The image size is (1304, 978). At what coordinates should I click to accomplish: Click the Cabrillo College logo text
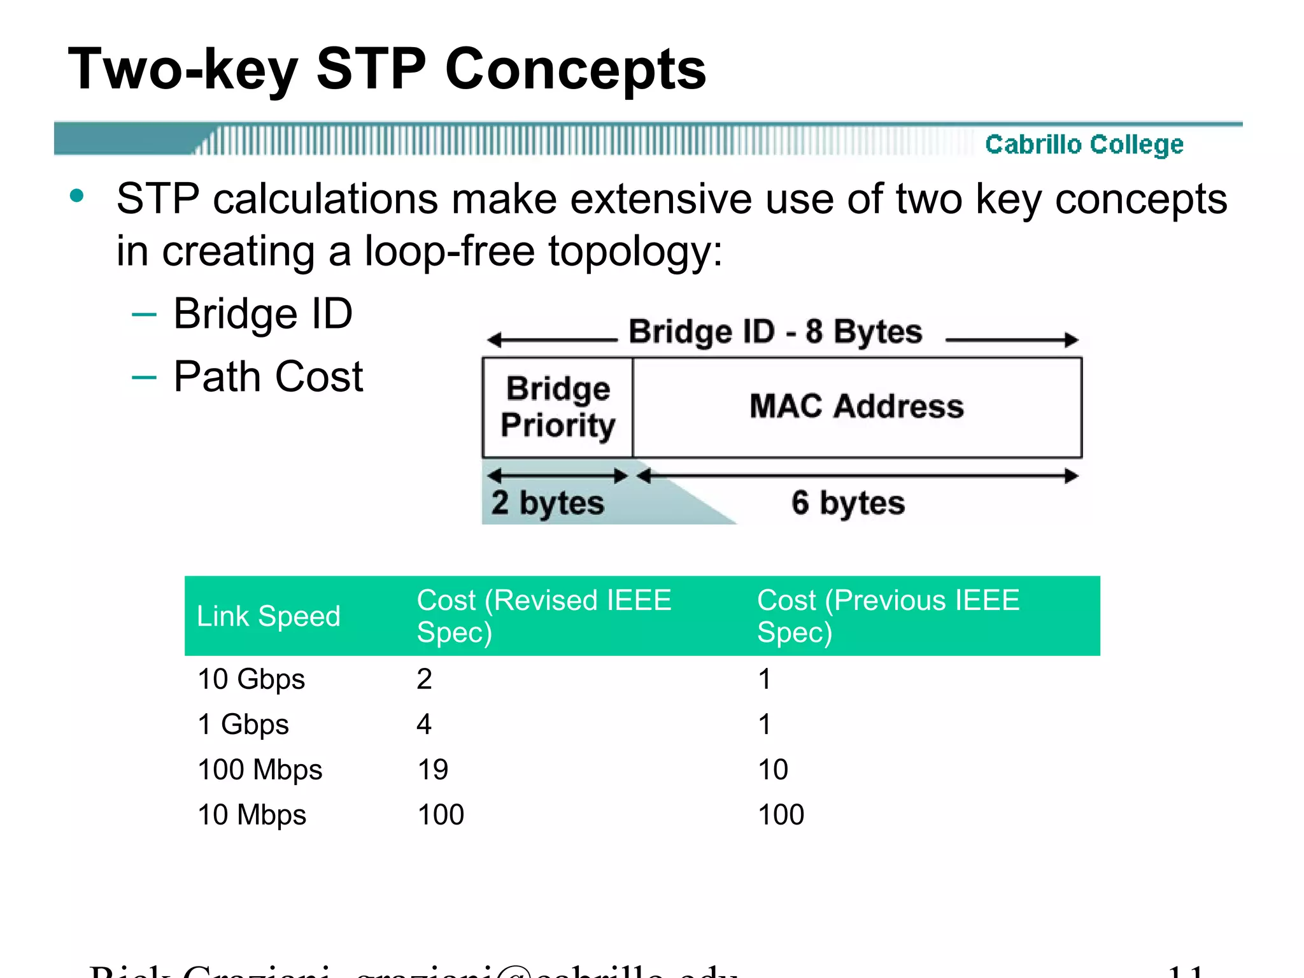[1084, 145]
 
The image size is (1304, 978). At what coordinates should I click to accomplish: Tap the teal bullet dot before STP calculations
[77, 196]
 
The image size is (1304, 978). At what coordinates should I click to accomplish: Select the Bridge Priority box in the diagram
[558, 407]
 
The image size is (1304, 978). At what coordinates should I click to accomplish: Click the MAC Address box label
[856, 406]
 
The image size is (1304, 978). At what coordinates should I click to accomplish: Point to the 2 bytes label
[548, 503]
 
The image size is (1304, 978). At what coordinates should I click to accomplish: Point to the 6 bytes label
[847, 503]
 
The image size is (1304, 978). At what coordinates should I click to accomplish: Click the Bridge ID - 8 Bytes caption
[775, 332]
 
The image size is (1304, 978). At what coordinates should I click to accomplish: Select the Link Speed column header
[269, 616]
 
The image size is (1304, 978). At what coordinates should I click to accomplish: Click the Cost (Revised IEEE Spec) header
[544, 616]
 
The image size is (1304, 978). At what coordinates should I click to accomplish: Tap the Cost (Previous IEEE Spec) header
[888, 616]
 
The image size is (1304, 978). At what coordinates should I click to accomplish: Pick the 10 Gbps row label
[252, 679]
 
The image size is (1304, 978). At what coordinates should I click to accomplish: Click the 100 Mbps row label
[260, 770]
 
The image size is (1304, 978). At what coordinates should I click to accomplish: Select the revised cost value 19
[433, 770]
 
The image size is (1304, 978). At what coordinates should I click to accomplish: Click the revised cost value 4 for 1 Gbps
[424, 725]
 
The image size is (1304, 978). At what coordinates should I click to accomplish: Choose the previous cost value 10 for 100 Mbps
[773, 770]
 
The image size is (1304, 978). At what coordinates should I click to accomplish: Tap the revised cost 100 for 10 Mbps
[441, 815]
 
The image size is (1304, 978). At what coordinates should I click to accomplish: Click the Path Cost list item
[268, 376]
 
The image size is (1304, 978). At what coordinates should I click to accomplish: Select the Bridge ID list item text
[262, 314]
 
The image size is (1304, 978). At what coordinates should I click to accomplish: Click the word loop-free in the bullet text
[449, 251]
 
